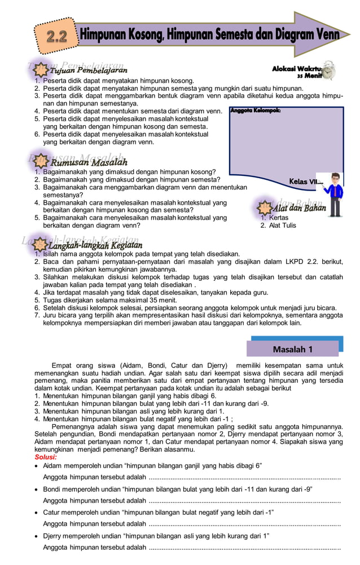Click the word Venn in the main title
[324, 35]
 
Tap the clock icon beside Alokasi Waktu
[327, 70]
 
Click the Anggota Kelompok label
[255, 110]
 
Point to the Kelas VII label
[306, 182]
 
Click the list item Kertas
[279, 218]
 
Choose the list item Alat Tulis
[282, 226]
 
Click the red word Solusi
[46, 457]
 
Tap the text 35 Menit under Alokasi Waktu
[310, 75]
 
